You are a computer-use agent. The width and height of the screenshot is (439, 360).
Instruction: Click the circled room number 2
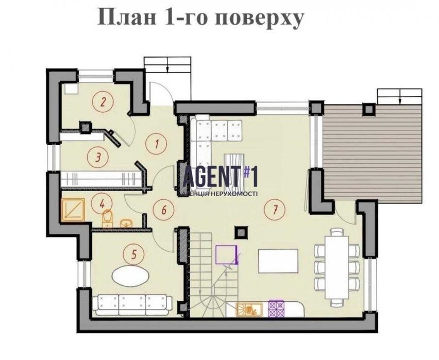(x=103, y=101)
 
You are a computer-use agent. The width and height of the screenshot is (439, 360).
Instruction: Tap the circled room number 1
(x=157, y=144)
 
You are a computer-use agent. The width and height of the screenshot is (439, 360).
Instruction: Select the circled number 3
(x=98, y=157)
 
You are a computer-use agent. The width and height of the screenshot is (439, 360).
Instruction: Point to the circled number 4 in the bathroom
(x=102, y=204)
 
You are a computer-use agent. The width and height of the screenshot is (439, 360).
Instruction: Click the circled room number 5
(x=134, y=255)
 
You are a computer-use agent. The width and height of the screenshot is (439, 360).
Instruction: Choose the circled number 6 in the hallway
(x=164, y=210)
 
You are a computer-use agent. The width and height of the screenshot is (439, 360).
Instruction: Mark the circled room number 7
(x=275, y=209)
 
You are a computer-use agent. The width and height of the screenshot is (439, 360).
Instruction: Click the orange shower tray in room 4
(x=73, y=210)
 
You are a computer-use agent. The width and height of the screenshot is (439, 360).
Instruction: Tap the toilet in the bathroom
(x=107, y=219)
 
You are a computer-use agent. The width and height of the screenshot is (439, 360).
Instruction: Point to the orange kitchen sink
(x=249, y=310)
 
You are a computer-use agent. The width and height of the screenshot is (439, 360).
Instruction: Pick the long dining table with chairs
(x=336, y=267)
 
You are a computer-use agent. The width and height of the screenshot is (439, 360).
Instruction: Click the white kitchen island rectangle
(x=278, y=261)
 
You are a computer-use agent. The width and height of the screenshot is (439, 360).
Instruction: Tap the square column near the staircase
(x=241, y=232)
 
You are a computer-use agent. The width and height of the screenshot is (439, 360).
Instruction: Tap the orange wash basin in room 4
(x=126, y=223)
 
